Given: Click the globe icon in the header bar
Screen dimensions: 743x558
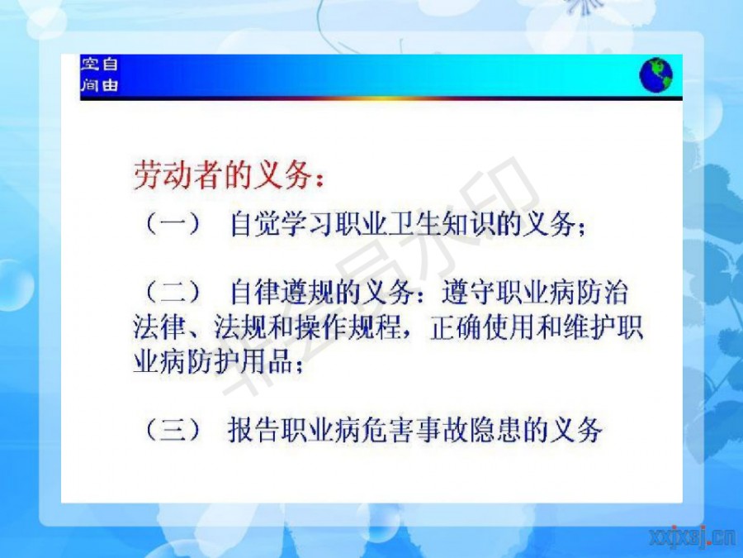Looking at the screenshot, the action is (655, 75).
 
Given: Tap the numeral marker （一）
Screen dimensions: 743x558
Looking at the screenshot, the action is (173, 224).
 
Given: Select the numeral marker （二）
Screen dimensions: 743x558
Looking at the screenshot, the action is (173, 292).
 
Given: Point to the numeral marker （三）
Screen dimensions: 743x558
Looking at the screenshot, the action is (173, 429).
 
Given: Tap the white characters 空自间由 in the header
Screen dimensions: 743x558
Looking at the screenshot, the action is (99, 74).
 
